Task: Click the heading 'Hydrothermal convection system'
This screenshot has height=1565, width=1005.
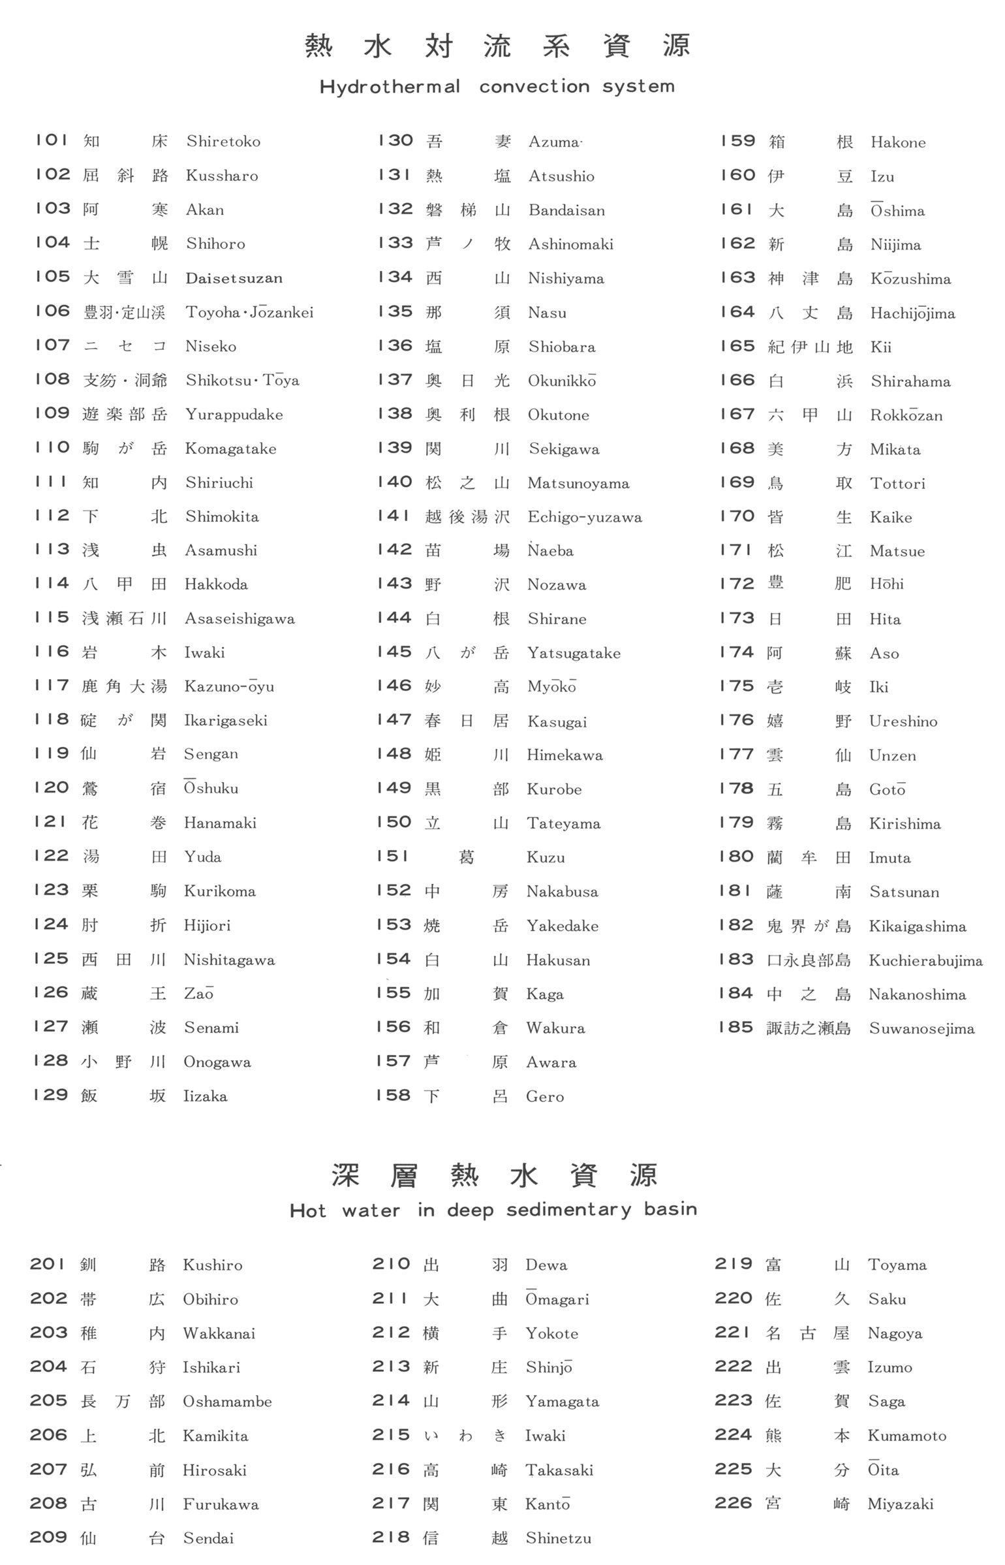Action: point(497,87)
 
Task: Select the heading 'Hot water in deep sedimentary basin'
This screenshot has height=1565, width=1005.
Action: point(493,1210)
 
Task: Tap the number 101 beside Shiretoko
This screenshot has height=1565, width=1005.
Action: point(52,140)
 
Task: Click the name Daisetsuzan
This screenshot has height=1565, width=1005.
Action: point(234,278)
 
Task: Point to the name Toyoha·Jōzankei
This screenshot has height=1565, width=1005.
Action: point(249,312)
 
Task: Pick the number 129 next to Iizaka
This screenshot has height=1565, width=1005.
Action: point(50,1095)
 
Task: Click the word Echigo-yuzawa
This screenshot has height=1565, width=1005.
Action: point(585,517)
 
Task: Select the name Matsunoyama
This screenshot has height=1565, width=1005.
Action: point(578,483)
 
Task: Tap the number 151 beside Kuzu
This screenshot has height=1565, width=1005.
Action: point(394,856)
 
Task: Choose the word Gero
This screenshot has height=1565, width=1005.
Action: point(545,1096)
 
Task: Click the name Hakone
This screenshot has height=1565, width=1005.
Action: point(898,142)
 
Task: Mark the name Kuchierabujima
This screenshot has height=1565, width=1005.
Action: point(925,960)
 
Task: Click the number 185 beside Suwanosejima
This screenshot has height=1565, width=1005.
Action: point(735,1027)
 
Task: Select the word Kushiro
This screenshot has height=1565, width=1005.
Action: point(213,1265)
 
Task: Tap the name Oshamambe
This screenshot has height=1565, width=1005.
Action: point(227,1401)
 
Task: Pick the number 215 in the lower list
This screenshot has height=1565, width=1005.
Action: point(391,1434)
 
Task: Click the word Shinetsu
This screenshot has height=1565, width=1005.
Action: point(559,1538)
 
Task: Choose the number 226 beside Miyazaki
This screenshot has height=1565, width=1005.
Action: point(734,1503)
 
